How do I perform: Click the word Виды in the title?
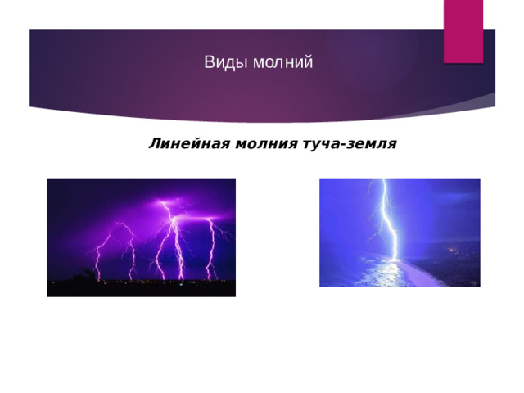[220, 62]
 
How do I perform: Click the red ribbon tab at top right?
[463, 29]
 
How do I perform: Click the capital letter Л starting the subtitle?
[154, 145]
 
